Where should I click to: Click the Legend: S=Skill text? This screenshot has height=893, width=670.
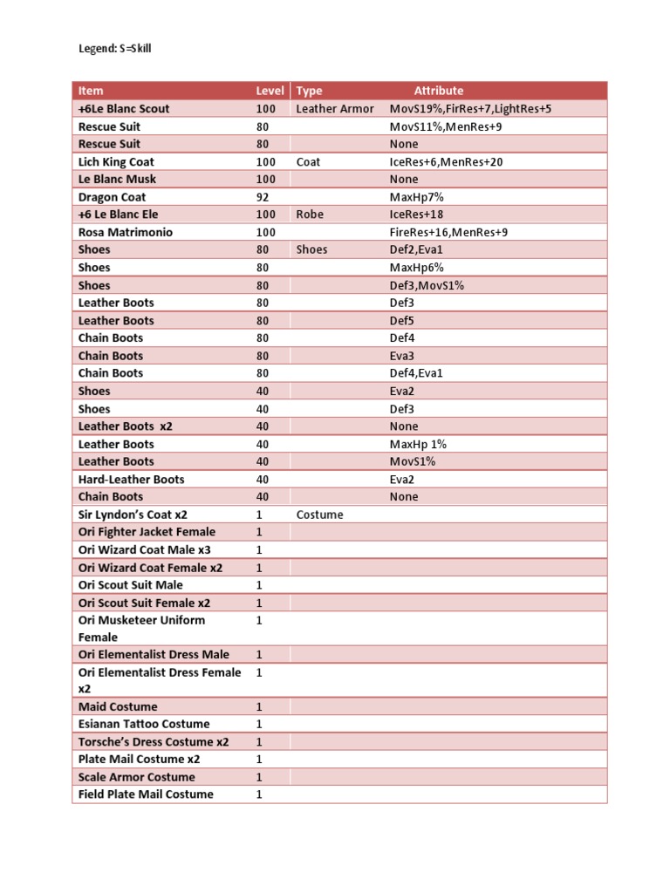click(114, 49)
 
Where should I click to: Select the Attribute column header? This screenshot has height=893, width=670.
click(438, 91)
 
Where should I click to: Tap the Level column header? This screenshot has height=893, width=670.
click(270, 91)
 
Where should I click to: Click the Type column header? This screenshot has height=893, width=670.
click(309, 91)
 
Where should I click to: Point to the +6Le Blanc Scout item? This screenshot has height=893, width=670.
click(124, 109)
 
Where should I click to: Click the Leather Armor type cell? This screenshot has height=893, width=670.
click(334, 109)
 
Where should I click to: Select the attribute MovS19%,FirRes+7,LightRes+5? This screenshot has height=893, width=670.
click(470, 109)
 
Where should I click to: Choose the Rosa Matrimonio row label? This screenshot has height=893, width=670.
click(126, 233)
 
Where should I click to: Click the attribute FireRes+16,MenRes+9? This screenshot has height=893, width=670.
click(448, 233)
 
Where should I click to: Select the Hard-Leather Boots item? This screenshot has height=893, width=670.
click(131, 480)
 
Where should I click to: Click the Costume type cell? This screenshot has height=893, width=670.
click(319, 515)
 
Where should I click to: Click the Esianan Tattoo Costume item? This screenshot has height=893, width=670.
click(144, 724)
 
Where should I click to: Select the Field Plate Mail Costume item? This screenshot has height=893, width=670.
click(146, 794)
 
